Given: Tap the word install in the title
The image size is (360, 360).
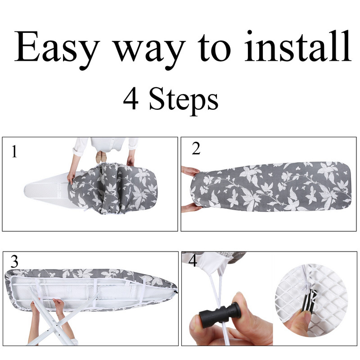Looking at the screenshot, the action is (x=297, y=46).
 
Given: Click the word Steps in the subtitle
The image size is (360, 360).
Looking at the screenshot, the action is (x=184, y=101).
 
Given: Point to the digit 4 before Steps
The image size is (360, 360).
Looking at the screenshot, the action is (x=130, y=99).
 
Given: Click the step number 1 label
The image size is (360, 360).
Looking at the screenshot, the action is (x=14, y=151).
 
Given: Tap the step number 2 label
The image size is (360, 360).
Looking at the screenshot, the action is (x=196, y=148).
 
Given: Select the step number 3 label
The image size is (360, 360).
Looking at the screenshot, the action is (x=14, y=261).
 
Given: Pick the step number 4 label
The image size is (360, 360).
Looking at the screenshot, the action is (x=193, y=261).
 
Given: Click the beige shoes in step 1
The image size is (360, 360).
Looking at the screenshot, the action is (x=101, y=157).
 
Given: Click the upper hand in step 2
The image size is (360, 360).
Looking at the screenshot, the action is (x=190, y=171).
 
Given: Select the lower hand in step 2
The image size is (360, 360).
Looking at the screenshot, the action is (x=191, y=208).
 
